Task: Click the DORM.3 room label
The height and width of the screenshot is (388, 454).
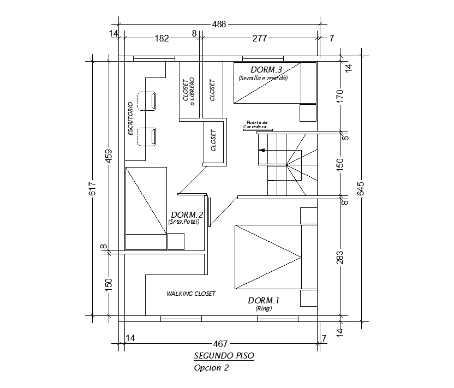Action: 266,70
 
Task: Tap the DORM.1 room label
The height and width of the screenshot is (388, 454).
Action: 264,300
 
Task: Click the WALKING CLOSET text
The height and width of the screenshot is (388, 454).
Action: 191,294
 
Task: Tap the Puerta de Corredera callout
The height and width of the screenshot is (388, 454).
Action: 256,124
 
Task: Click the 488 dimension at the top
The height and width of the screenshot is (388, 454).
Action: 219,24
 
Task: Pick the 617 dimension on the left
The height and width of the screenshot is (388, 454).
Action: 92,188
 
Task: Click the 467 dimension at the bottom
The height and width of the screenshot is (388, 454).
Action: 220,344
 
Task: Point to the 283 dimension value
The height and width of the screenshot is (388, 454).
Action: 340,256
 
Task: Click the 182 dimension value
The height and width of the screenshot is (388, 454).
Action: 162,38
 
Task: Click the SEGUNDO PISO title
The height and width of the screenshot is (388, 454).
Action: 224,356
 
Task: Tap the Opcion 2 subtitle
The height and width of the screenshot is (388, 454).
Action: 211,367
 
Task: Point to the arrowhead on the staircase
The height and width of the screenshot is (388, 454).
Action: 261,150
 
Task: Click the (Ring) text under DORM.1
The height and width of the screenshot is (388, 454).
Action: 263,309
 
